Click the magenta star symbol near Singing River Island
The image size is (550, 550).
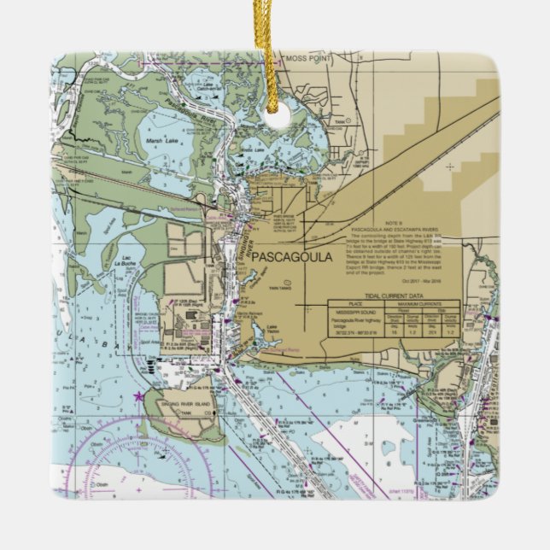pyautogui.click(x=137, y=395)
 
